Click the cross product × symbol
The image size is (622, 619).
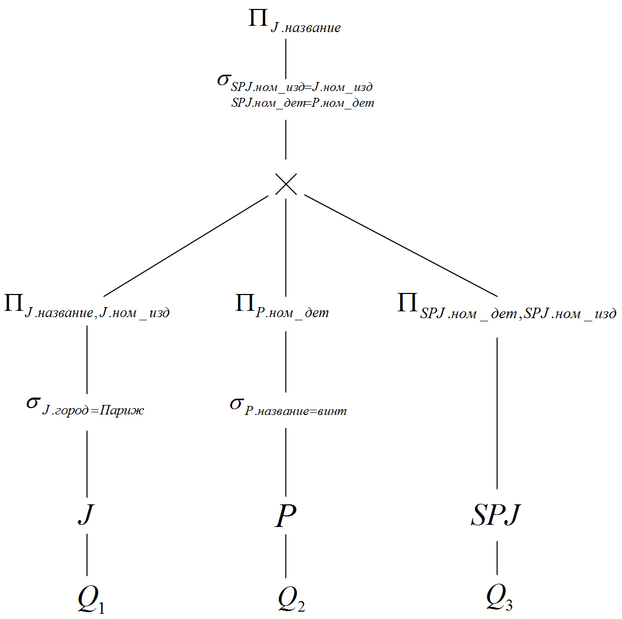286,184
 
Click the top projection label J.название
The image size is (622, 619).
305,28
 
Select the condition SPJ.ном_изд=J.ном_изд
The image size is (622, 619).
301,87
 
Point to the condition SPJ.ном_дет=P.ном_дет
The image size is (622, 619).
303,103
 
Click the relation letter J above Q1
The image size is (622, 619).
86,514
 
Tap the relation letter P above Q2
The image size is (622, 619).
285,515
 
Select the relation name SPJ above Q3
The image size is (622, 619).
496,515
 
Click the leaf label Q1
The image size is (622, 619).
91,599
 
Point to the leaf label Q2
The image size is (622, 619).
292,599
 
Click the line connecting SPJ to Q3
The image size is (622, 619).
497,558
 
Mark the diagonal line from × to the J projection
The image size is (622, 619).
186,246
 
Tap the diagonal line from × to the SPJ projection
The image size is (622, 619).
401,246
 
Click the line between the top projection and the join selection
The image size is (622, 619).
286,59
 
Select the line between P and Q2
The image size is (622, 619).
285,556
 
